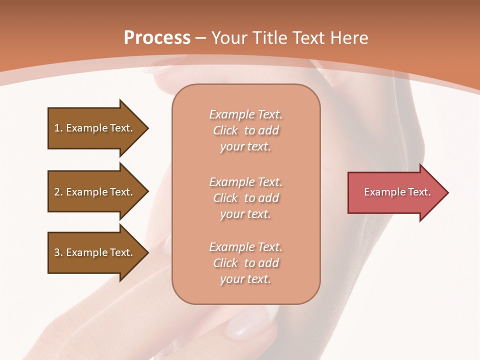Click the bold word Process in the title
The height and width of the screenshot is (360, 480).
157,38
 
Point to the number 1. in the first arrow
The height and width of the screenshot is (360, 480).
58,128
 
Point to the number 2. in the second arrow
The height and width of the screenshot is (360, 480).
58,192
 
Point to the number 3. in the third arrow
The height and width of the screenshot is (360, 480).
58,252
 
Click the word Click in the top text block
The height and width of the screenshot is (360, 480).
225,130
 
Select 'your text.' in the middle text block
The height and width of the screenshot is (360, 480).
245,214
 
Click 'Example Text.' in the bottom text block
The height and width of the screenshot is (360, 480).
245,247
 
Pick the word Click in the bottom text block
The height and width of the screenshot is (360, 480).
225,263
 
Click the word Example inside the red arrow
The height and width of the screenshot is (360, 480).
381,192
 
